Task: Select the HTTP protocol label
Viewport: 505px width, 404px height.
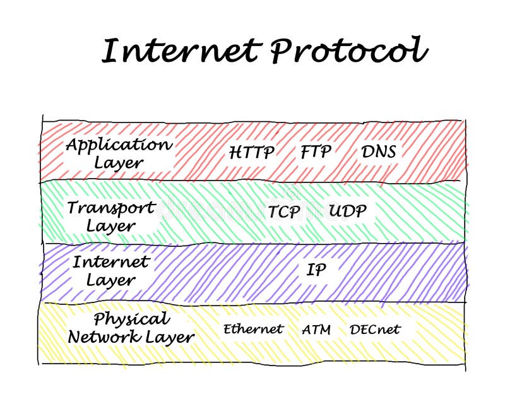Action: point(251,152)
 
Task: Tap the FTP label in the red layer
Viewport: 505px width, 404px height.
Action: point(316,151)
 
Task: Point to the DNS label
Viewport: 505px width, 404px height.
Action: point(379,151)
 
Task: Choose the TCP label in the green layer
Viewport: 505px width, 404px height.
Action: point(284,212)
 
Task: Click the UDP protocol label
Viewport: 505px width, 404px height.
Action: point(347,211)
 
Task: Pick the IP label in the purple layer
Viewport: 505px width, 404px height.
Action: point(316,270)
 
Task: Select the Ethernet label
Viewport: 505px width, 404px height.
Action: point(252,329)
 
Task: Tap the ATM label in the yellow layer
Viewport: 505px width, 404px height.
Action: point(316,330)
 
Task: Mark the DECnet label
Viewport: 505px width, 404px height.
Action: point(375,329)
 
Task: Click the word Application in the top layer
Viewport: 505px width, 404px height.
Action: point(119,145)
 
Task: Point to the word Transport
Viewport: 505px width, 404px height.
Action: point(111,207)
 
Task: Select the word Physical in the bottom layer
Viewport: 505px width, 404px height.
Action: point(131,319)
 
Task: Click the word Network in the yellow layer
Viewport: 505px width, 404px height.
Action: point(104,337)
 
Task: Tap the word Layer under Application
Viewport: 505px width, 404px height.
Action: point(119,163)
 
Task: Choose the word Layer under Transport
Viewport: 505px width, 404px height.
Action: point(110,226)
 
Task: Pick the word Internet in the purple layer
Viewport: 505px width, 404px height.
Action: point(110,261)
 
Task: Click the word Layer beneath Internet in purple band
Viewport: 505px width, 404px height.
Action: point(110,280)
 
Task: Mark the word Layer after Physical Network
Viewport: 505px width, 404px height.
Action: point(170,338)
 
